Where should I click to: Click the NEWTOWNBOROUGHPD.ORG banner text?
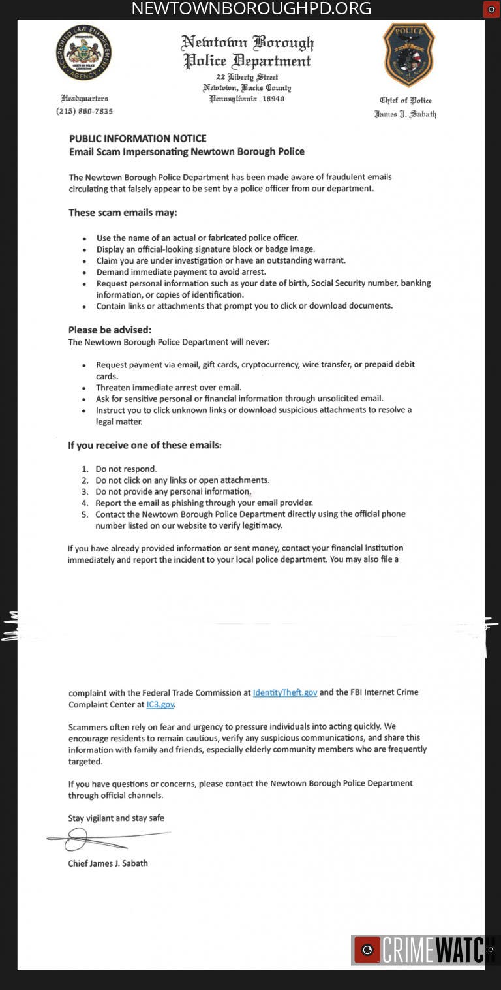tap(251, 8)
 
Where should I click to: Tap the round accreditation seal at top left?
tap(83, 53)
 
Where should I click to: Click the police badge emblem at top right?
tap(408, 54)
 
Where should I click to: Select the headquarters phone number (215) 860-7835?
tap(84, 111)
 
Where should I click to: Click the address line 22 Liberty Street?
tap(247, 77)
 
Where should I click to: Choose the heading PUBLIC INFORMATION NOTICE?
tap(138, 138)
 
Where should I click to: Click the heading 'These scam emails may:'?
tap(123, 213)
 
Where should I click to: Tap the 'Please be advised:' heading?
tap(110, 330)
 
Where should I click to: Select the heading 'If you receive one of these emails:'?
tap(145, 446)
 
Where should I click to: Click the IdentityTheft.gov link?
tap(285, 692)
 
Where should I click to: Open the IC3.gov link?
tap(160, 705)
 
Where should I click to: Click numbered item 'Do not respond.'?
tap(126, 469)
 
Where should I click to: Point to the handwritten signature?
tap(104, 837)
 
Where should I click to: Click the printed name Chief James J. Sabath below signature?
tap(108, 863)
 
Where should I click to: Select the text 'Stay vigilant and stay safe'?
tap(116, 818)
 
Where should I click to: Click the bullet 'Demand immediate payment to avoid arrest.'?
tap(181, 271)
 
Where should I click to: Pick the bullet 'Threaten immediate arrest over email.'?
tap(168, 387)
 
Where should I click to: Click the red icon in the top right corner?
tap(491, 9)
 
